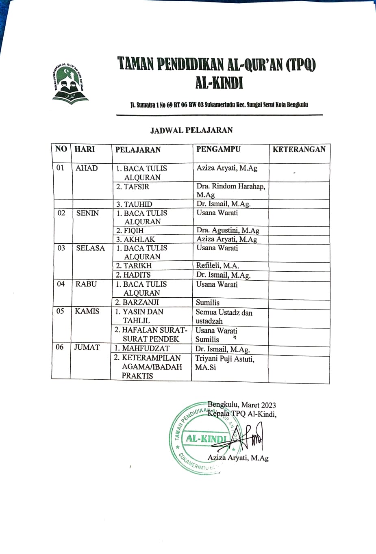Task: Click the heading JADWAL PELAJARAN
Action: point(191,130)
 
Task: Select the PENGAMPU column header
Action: point(218,149)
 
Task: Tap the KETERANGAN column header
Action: point(299,149)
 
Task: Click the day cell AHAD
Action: point(87,168)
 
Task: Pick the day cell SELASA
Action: point(90,248)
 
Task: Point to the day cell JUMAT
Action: point(87,347)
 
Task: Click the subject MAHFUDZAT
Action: point(141,348)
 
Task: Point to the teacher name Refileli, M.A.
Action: point(217,266)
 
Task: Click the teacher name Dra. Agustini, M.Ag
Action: point(228,230)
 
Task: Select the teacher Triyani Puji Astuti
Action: point(224,359)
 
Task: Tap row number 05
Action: point(60,311)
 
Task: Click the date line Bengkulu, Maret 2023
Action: point(241,405)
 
